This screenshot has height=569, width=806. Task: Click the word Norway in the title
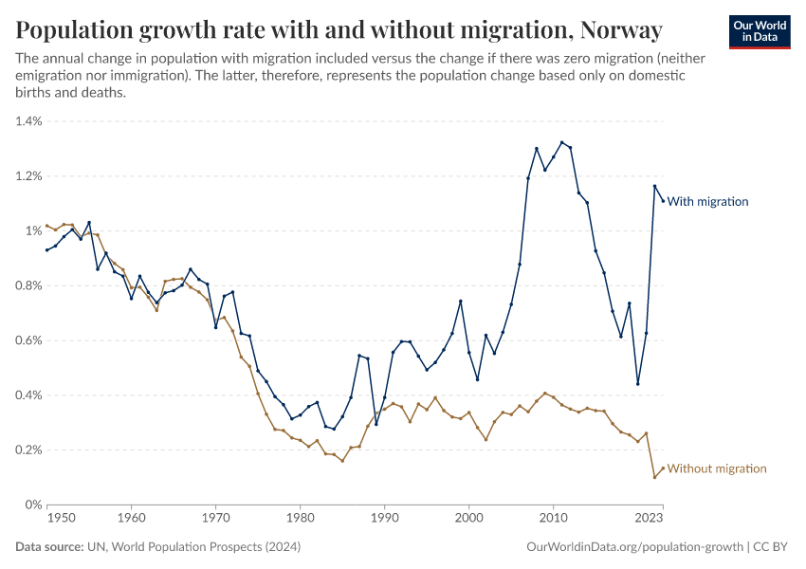click(619, 30)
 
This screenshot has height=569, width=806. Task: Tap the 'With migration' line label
click(708, 201)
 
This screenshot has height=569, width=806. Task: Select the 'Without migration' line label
click(717, 468)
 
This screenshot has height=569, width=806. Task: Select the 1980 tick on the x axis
click(301, 519)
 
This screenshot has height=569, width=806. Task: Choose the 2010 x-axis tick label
click(554, 519)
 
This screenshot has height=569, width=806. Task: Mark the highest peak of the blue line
click(562, 142)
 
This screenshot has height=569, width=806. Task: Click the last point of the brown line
click(663, 468)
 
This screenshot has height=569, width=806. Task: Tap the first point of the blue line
click(46, 249)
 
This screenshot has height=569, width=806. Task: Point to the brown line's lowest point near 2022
click(654, 477)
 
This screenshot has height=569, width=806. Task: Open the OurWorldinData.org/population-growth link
click(633, 547)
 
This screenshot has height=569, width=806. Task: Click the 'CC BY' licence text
click(773, 547)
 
